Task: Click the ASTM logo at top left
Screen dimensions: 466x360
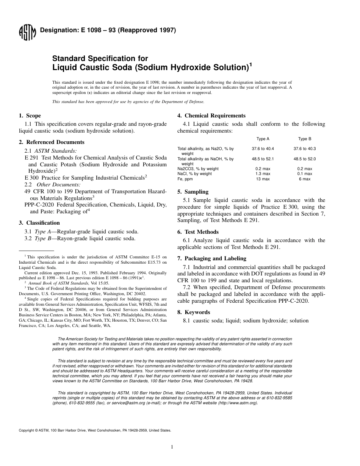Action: pyautogui.click(x=27, y=33)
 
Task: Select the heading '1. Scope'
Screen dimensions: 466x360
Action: pyautogui.click(x=30, y=116)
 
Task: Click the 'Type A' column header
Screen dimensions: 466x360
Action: pyautogui.click(x=263, y=139)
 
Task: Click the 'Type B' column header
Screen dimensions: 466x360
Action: pyautogui.click(x=305, y=139)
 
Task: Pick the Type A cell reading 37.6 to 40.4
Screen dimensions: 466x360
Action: pyautogui.click(x=263, y=149)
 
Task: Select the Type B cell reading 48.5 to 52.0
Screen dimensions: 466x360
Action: pyautogui.click(x=305, y=159)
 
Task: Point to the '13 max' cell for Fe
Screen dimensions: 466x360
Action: pyautogui.click(x=263, y=179)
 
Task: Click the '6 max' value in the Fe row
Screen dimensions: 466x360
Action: pyautogui.click(x=305, y=179)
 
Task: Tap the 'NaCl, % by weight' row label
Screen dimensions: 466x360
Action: pyautogui.click(x=194, y=174)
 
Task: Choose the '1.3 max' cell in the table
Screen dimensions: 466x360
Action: pyautogui.click(x=263, y=174)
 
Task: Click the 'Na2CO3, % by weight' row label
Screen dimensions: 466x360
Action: pyautogui.click(x=198, y=169)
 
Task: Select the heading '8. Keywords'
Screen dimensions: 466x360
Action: pyautogui.click(x=197, y=312)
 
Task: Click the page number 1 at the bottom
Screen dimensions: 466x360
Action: pyautogui.click(x=172, y=447)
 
